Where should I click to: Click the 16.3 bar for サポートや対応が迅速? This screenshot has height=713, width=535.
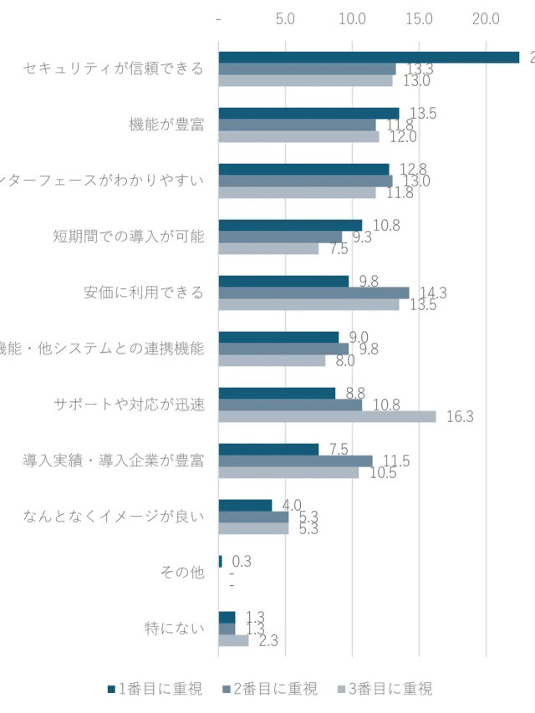pos(327,416)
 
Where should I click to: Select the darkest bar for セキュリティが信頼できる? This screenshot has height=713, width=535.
pos(369,57)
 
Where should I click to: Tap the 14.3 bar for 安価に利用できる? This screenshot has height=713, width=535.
pos(313,293)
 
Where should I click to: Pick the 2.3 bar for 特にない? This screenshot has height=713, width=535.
pos(233,640)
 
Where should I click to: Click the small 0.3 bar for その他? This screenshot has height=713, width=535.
pos(221,561)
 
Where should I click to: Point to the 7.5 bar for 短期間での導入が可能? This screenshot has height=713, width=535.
pos(268,248)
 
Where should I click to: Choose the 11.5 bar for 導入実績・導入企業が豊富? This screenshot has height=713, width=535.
pos(295,461)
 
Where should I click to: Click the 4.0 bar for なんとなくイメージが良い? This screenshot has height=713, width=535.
pos(245,505)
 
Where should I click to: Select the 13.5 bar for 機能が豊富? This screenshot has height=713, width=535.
pos(308,113)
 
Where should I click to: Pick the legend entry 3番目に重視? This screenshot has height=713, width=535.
pos(385,690)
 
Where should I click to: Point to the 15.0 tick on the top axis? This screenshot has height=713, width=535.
pos(419,18)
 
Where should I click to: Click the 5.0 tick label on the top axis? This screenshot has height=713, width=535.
pos(285,18)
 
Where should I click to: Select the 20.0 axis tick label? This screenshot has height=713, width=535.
pos(486,18)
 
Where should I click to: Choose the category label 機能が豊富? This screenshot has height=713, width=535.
pos(166,125)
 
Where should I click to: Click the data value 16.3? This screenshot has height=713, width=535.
pos(460,417)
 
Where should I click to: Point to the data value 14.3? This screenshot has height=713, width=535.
pos(433,293)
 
